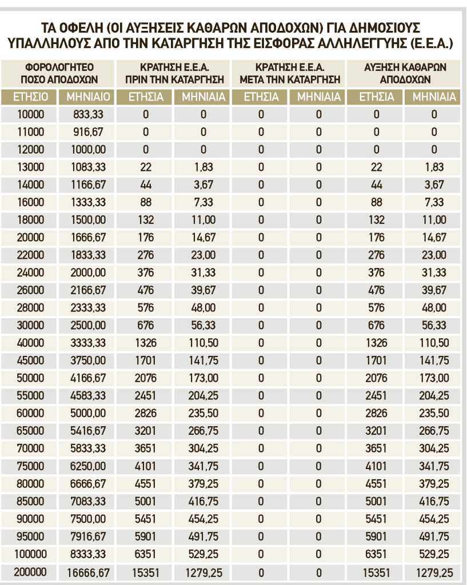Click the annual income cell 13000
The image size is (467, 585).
point(30,167)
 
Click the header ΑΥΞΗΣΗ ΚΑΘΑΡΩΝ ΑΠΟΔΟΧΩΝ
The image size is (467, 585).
point(405,73)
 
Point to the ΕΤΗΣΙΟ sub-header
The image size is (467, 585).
point(30,97)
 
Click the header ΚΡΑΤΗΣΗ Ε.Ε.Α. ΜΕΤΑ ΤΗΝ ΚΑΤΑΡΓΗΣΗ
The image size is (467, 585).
point(290,73)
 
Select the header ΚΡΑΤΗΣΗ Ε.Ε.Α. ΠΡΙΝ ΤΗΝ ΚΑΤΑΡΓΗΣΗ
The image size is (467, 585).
point(174,73)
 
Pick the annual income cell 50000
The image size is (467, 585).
point(30,378)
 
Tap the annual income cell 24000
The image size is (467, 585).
point(30,273)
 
